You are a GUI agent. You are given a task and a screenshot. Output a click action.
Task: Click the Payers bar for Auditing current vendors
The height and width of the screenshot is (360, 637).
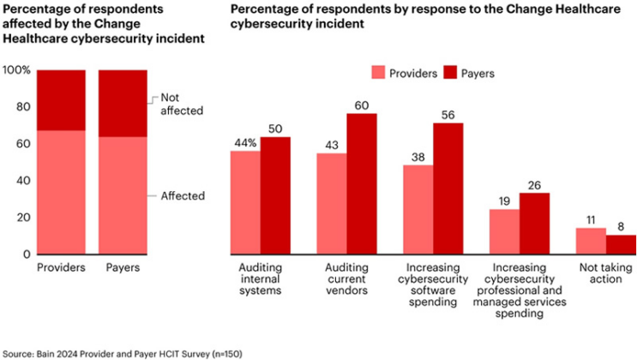(x=361, y=183)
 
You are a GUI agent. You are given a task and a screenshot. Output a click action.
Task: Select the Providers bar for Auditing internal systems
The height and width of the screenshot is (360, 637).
(x=245, y=202)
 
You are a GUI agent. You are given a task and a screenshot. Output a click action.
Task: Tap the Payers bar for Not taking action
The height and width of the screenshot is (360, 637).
(x=621, y=244)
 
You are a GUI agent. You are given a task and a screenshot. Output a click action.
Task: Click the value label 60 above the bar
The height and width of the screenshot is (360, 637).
(x=361, y=105)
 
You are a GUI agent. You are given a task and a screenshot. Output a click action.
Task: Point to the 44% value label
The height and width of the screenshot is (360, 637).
(x=244, y=142)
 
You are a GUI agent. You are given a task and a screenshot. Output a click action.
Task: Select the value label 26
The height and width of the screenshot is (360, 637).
(x=534, y=184)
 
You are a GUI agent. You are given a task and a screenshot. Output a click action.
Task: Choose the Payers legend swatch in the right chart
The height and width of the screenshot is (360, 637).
(x=448, y=73)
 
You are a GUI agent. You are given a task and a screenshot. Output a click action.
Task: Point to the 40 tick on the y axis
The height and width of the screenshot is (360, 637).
(x=23, y=181)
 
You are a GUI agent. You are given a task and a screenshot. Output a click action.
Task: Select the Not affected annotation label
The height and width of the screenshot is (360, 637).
(x=183, y=105)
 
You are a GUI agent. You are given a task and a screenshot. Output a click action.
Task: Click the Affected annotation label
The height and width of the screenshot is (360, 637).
(x=183, y=195)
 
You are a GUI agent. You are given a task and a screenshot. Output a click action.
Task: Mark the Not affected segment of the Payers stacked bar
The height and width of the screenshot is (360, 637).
(x=122, y=103)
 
